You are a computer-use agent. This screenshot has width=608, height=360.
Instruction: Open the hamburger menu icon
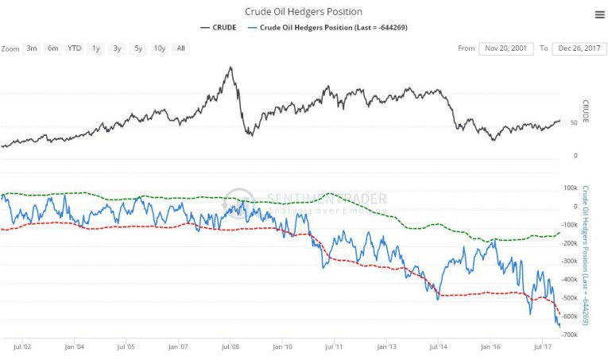599,14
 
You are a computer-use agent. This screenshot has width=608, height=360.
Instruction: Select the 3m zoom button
32,48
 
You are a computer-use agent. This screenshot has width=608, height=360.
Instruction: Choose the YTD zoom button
74,48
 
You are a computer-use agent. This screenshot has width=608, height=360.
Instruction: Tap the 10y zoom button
159,48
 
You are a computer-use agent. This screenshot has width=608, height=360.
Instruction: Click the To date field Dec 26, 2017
578,48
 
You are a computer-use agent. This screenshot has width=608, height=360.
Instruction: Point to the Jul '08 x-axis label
230,346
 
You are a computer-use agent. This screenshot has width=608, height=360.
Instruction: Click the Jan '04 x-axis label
75,346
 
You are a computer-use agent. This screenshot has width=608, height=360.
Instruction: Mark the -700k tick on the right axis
570,335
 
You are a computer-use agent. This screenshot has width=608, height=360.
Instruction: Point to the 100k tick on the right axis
570,188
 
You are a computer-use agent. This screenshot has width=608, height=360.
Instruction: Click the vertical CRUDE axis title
586,111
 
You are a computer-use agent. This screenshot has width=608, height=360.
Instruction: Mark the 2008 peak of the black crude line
230,68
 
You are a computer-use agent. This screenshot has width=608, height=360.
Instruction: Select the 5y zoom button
138,48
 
